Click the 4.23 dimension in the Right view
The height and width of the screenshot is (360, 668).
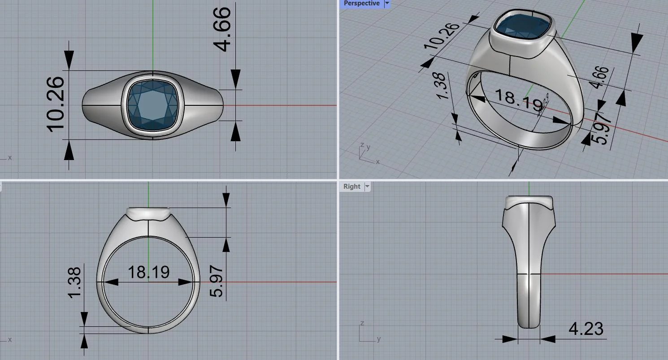586,329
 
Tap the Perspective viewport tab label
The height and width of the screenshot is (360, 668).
361,3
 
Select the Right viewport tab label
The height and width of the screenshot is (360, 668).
351,187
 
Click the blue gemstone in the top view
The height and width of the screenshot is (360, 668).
153,106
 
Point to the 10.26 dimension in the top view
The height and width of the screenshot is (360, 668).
56,104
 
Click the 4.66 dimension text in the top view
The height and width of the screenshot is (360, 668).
222,29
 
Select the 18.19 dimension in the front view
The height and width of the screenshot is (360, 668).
148,272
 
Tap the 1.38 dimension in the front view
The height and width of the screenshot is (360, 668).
74,283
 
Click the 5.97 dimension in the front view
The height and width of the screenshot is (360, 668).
216,281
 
